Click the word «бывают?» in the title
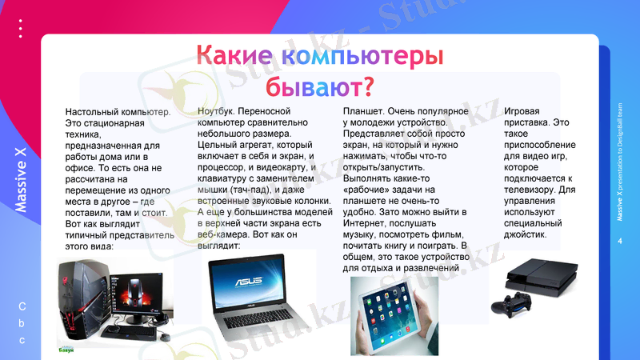320,84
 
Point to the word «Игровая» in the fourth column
522,111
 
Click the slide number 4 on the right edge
620,241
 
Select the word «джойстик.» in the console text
525,234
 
